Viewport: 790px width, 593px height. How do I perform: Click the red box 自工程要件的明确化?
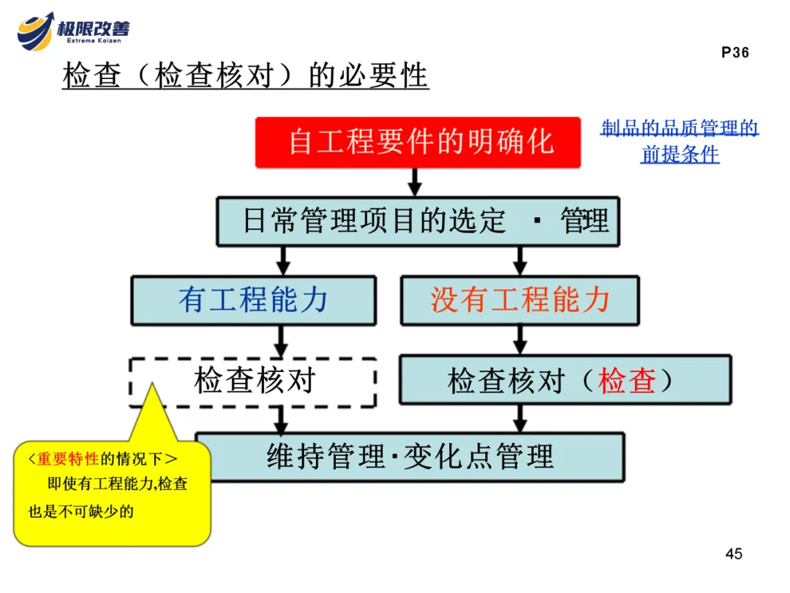click(418, 142)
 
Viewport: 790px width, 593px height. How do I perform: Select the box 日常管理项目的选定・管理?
click(418, 220)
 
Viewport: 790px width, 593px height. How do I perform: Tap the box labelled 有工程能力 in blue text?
click(253, 300)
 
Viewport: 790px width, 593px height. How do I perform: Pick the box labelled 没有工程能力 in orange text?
click(519, 300)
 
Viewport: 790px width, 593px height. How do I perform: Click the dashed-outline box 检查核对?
click(253, 381)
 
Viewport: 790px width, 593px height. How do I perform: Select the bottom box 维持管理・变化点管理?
click(410, 457)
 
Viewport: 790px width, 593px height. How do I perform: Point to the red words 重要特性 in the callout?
click(68, 459)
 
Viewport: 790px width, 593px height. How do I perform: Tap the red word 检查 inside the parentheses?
click(627, 381)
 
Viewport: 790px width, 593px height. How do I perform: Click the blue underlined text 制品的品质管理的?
click(680, 130)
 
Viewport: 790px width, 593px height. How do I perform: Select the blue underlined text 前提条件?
click(680, 154)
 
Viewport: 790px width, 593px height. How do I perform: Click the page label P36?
click(734, 53)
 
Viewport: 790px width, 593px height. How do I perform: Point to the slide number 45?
click(734, 553)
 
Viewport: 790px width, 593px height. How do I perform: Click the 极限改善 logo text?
click(93, 29)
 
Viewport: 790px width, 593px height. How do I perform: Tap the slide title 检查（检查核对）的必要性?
click(245, 76)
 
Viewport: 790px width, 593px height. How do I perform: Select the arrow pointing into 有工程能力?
click(284, 261)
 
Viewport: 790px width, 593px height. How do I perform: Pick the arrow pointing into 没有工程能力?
click(520, 261)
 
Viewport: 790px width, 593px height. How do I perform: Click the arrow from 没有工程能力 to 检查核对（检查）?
click(520, 340)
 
